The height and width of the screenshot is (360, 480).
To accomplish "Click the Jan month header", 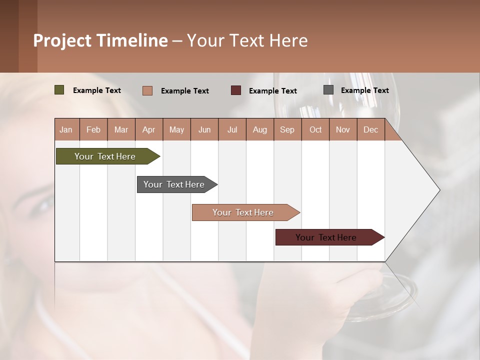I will click(x=66, y=129).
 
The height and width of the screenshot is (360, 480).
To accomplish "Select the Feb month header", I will click(x=93, y=129).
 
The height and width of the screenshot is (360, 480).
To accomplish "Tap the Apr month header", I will click(x=149, y=129).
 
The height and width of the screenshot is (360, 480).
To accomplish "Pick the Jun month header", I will click(x=204, y=129).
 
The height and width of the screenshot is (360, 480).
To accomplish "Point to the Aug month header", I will click(x=260, y=129).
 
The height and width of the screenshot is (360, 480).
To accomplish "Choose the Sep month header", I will click(x=287, y=129).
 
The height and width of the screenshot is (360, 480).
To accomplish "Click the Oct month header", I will click(x=315, y=129).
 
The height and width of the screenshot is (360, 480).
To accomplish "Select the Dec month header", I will click(x=371, y=129).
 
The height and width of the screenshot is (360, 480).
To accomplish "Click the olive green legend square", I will click(x=59, y=90).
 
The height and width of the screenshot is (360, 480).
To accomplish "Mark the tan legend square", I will click(x=147, y=90).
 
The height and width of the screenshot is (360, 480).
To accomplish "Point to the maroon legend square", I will click(x=236, y=90).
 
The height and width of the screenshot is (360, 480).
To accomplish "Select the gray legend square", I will click(x=328, y=90).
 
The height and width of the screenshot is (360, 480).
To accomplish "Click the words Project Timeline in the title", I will click(x=100, y=40).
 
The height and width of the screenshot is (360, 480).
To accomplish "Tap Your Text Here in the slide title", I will click(x=247, y=40).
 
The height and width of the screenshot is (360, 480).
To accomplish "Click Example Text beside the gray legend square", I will click(x=364, y=90).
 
